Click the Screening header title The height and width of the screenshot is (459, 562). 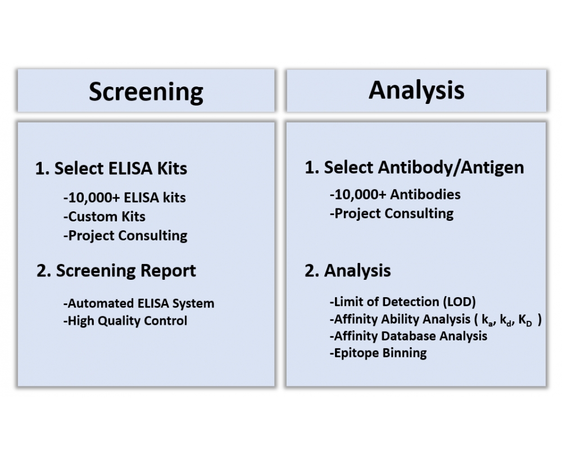click(x=146, y=92)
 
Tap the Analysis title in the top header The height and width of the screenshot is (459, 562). click(x=416, y=90)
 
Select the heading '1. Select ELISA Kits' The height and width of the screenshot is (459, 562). click(x=111, y=168)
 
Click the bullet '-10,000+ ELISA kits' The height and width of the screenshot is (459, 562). click(x=125, y=197)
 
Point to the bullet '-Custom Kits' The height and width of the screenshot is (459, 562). click(x=105, y=216)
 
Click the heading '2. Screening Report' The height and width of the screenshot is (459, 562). click(x=116, y=271)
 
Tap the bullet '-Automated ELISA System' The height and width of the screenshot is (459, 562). click(x=139, y=303)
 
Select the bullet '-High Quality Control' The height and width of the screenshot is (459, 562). click(x=125, y=321)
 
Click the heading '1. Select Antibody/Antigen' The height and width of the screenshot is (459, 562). click(x=414, y=167)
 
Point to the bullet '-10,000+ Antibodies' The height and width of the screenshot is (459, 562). click(x=395, y=194)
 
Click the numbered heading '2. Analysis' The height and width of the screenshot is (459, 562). click(x=348, y=271)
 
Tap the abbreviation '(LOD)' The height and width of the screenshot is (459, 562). click(x=460, y=302)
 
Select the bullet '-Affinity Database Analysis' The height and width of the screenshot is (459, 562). click(x=408, y=336)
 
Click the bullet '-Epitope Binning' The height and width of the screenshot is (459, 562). click(x=378, y=353)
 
